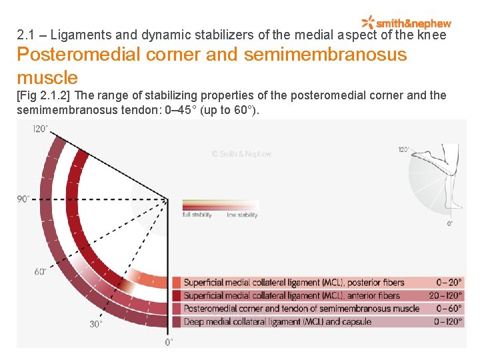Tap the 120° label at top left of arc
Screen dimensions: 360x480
pos(41,129)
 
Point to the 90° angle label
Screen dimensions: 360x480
pos(23,199)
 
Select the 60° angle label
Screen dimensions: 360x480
pos(41,271)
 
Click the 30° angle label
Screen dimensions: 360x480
pos(96,324)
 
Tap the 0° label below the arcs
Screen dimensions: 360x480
pos(169,341)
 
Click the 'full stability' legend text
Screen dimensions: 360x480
pos(197,215)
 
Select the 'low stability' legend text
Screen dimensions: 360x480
pos(242,215)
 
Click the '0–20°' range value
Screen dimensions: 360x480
pos(449,283)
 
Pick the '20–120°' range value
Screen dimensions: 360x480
pos(445,295)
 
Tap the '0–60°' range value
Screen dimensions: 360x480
pos(449,308)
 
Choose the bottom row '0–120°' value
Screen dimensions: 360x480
pos(448,321)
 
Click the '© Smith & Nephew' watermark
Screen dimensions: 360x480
pos(241,154)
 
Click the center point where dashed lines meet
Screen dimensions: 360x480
pos(167,199)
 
